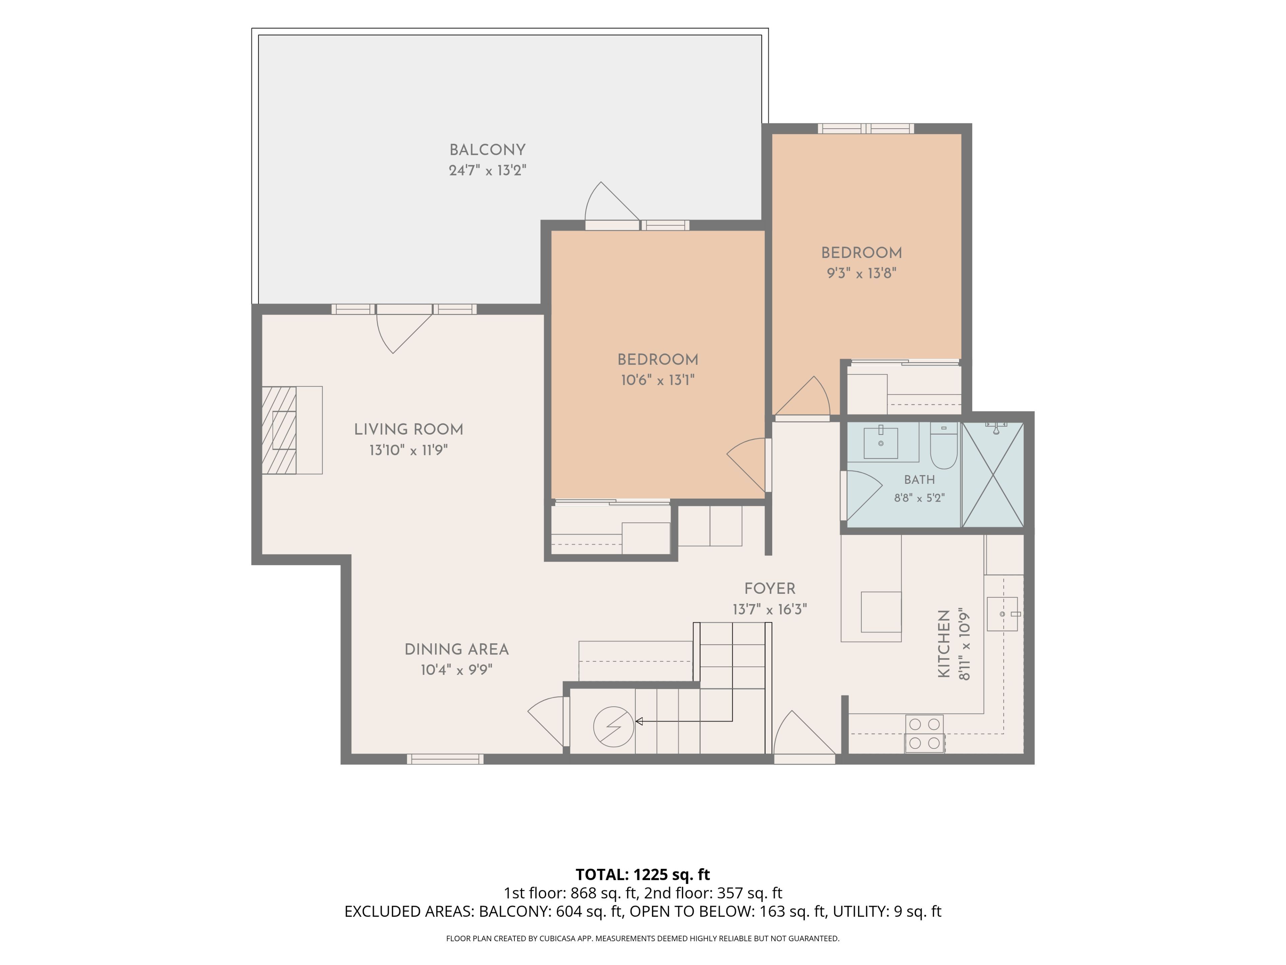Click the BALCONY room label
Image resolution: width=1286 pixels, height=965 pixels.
487,150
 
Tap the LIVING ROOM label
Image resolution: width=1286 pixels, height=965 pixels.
409,430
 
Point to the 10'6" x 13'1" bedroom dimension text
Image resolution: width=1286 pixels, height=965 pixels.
657,380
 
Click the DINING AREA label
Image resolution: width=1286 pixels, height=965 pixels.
456,650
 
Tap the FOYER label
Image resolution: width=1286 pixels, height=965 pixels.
770,589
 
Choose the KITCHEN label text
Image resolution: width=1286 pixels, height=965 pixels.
944,644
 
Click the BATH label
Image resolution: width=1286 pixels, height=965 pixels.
919,480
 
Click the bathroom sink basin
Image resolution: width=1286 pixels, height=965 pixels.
881,443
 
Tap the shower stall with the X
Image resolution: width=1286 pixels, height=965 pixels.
993,475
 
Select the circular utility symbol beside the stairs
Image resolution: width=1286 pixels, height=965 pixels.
613,726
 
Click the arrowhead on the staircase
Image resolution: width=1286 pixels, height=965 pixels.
638,721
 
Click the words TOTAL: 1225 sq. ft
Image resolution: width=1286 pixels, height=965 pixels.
642,874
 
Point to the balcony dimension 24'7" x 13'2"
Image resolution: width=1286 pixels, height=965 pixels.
487,171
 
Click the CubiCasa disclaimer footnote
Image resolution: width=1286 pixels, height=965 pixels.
642,938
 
